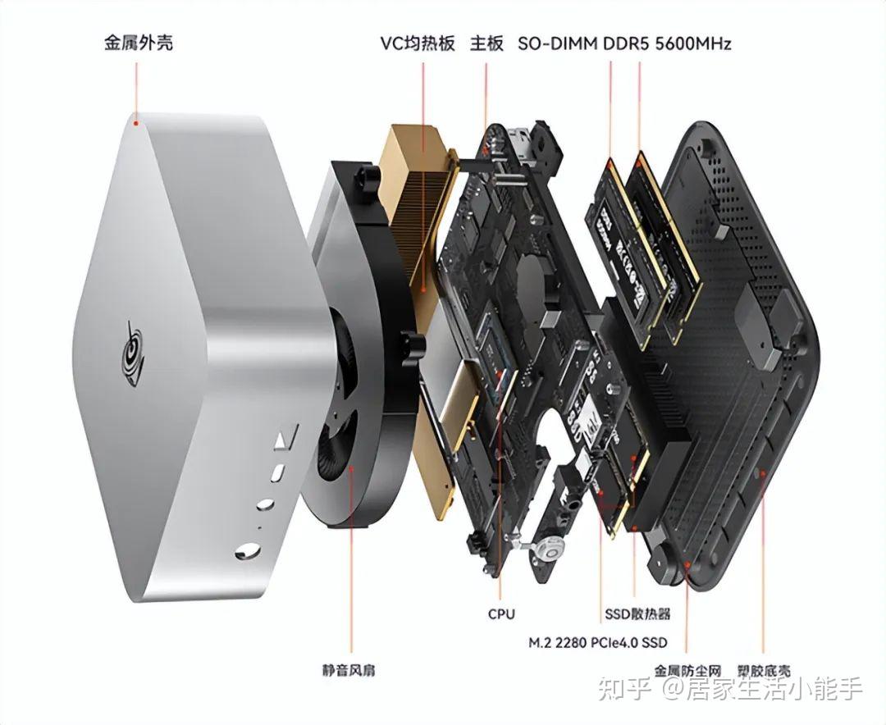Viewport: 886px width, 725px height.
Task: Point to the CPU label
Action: [x=501, y=613]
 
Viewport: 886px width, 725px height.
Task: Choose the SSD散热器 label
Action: [x=637, y=613]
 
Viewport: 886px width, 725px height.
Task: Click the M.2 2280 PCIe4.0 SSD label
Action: [x=598, y=641]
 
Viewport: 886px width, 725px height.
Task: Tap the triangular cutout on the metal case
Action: [x=281, y=440]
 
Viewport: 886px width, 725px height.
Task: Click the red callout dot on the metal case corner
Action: [x=138, y=122]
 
